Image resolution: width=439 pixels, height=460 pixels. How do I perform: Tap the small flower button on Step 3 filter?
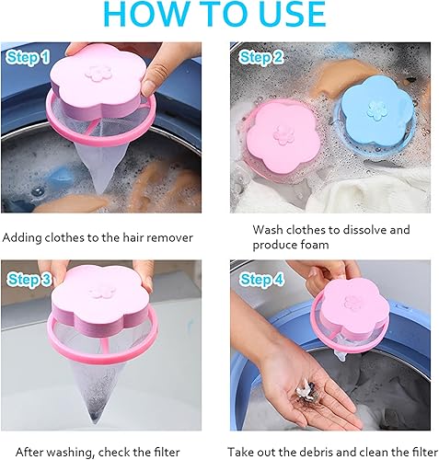tap(98, 292)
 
